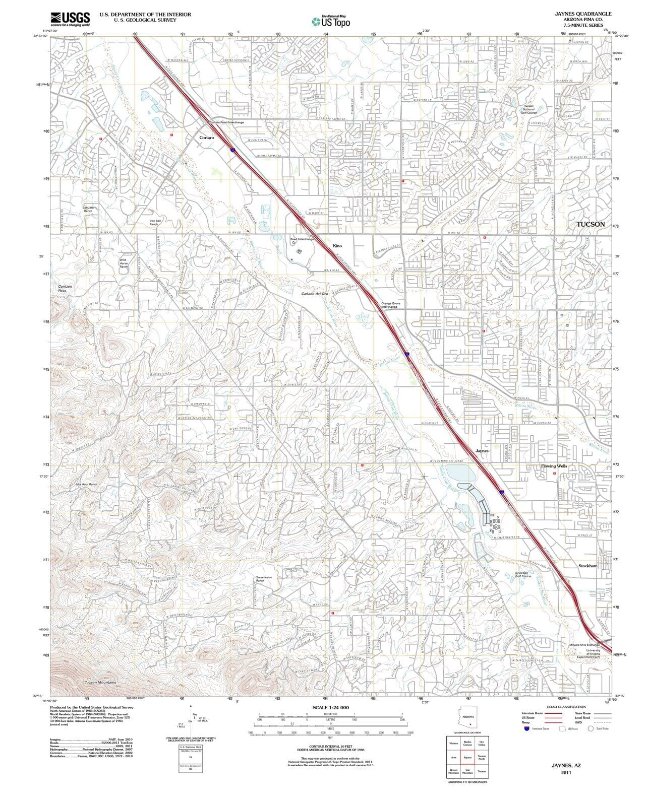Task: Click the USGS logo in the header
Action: [x=70, y=19]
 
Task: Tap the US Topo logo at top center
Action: [x=331, y=22]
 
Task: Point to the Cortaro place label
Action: [x=206, y=137]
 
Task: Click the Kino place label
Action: [x=337, y=245]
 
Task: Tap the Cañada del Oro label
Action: [x=315, y=293]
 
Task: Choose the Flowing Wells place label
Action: [x=554, y=466]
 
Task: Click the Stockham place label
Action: [x=587, y=566]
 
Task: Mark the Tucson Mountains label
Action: [x=100, y=682]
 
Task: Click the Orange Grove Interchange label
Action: [x=390, y=305]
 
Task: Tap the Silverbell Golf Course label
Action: [x=523, y=574]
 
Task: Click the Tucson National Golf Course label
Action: [x=529, y=109]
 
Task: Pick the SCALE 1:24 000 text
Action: [x=330, y=708]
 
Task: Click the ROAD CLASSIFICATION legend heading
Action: [x=566, y=707]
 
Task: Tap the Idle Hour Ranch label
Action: [x=86, y=484]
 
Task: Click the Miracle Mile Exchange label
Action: [x=584, y=645]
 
